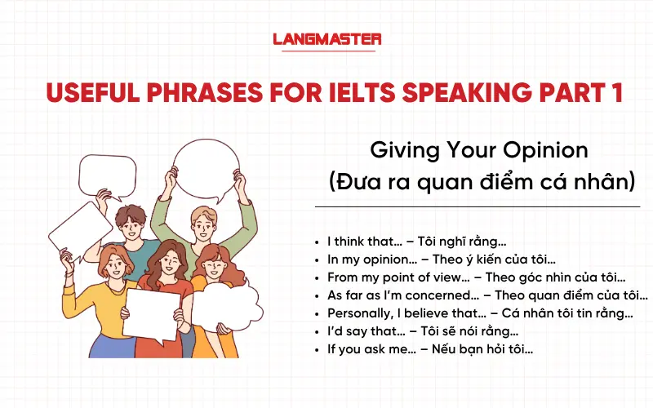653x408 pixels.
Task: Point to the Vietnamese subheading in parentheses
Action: (x=481, y=181)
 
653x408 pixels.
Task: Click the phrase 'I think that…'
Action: (x=366, y=242)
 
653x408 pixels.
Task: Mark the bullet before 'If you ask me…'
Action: (x=317, y=349)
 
